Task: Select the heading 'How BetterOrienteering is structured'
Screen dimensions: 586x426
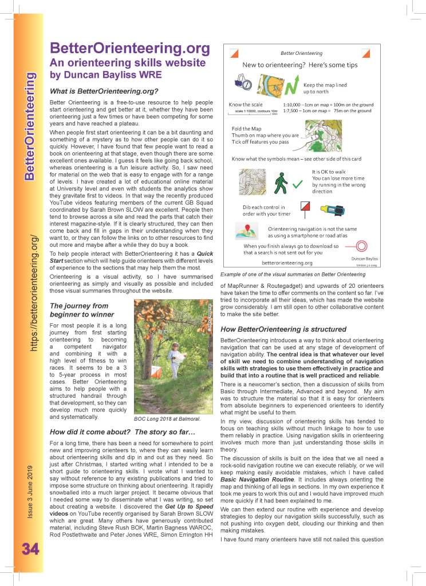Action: point(283,330)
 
